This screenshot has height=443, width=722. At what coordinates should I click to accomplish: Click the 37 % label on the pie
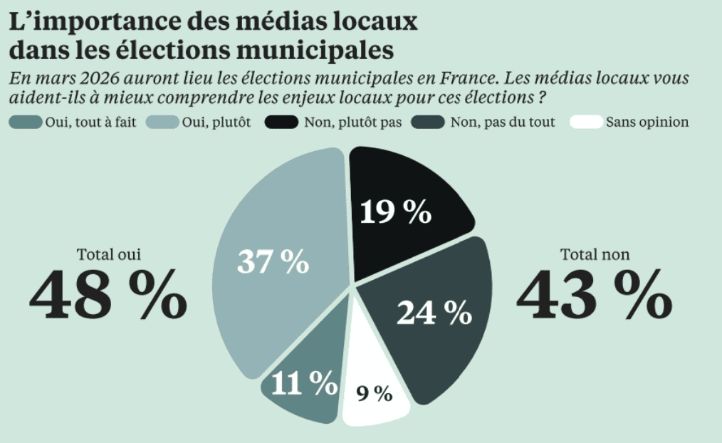273,262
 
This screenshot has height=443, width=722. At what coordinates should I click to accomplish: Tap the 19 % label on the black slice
395,212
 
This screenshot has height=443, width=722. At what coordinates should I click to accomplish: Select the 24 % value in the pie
434,312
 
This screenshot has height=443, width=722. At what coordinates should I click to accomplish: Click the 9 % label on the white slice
375,393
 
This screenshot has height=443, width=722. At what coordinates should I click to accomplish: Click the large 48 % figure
108,294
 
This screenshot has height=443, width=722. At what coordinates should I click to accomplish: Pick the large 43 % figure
595,294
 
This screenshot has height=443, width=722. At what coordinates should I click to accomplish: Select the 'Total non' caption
595,254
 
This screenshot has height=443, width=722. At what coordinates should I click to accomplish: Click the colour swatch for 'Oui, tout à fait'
26,123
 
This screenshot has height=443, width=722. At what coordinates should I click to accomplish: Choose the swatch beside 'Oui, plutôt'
163,123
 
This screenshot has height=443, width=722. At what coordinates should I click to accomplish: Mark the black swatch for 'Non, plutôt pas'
281,123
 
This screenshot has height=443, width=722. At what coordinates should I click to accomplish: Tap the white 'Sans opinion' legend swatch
586,123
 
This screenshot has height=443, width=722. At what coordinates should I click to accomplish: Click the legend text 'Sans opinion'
647,123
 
